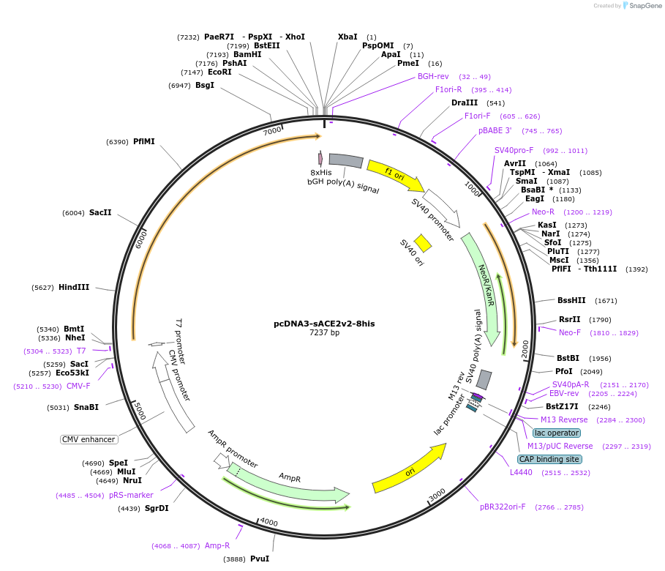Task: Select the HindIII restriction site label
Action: pos(74,288)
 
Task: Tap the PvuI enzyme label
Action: pos(260,559)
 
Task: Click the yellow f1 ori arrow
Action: pos(395,174)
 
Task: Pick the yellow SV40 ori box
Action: pos(423,243)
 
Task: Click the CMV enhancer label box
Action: pos(89,439)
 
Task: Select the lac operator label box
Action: pos(557,433)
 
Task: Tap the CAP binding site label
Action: pos(549,459)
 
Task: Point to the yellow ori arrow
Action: pos(410,472)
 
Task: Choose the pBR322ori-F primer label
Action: pos(503,507)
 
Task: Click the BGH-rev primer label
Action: pos(433,76)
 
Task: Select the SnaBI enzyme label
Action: pos(86,407)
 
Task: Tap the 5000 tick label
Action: pos(140,410)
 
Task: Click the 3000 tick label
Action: pos(436,496)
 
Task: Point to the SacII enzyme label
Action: pos(100,212)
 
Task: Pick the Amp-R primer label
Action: pos(217,545)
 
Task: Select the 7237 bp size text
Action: pos(324,332)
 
